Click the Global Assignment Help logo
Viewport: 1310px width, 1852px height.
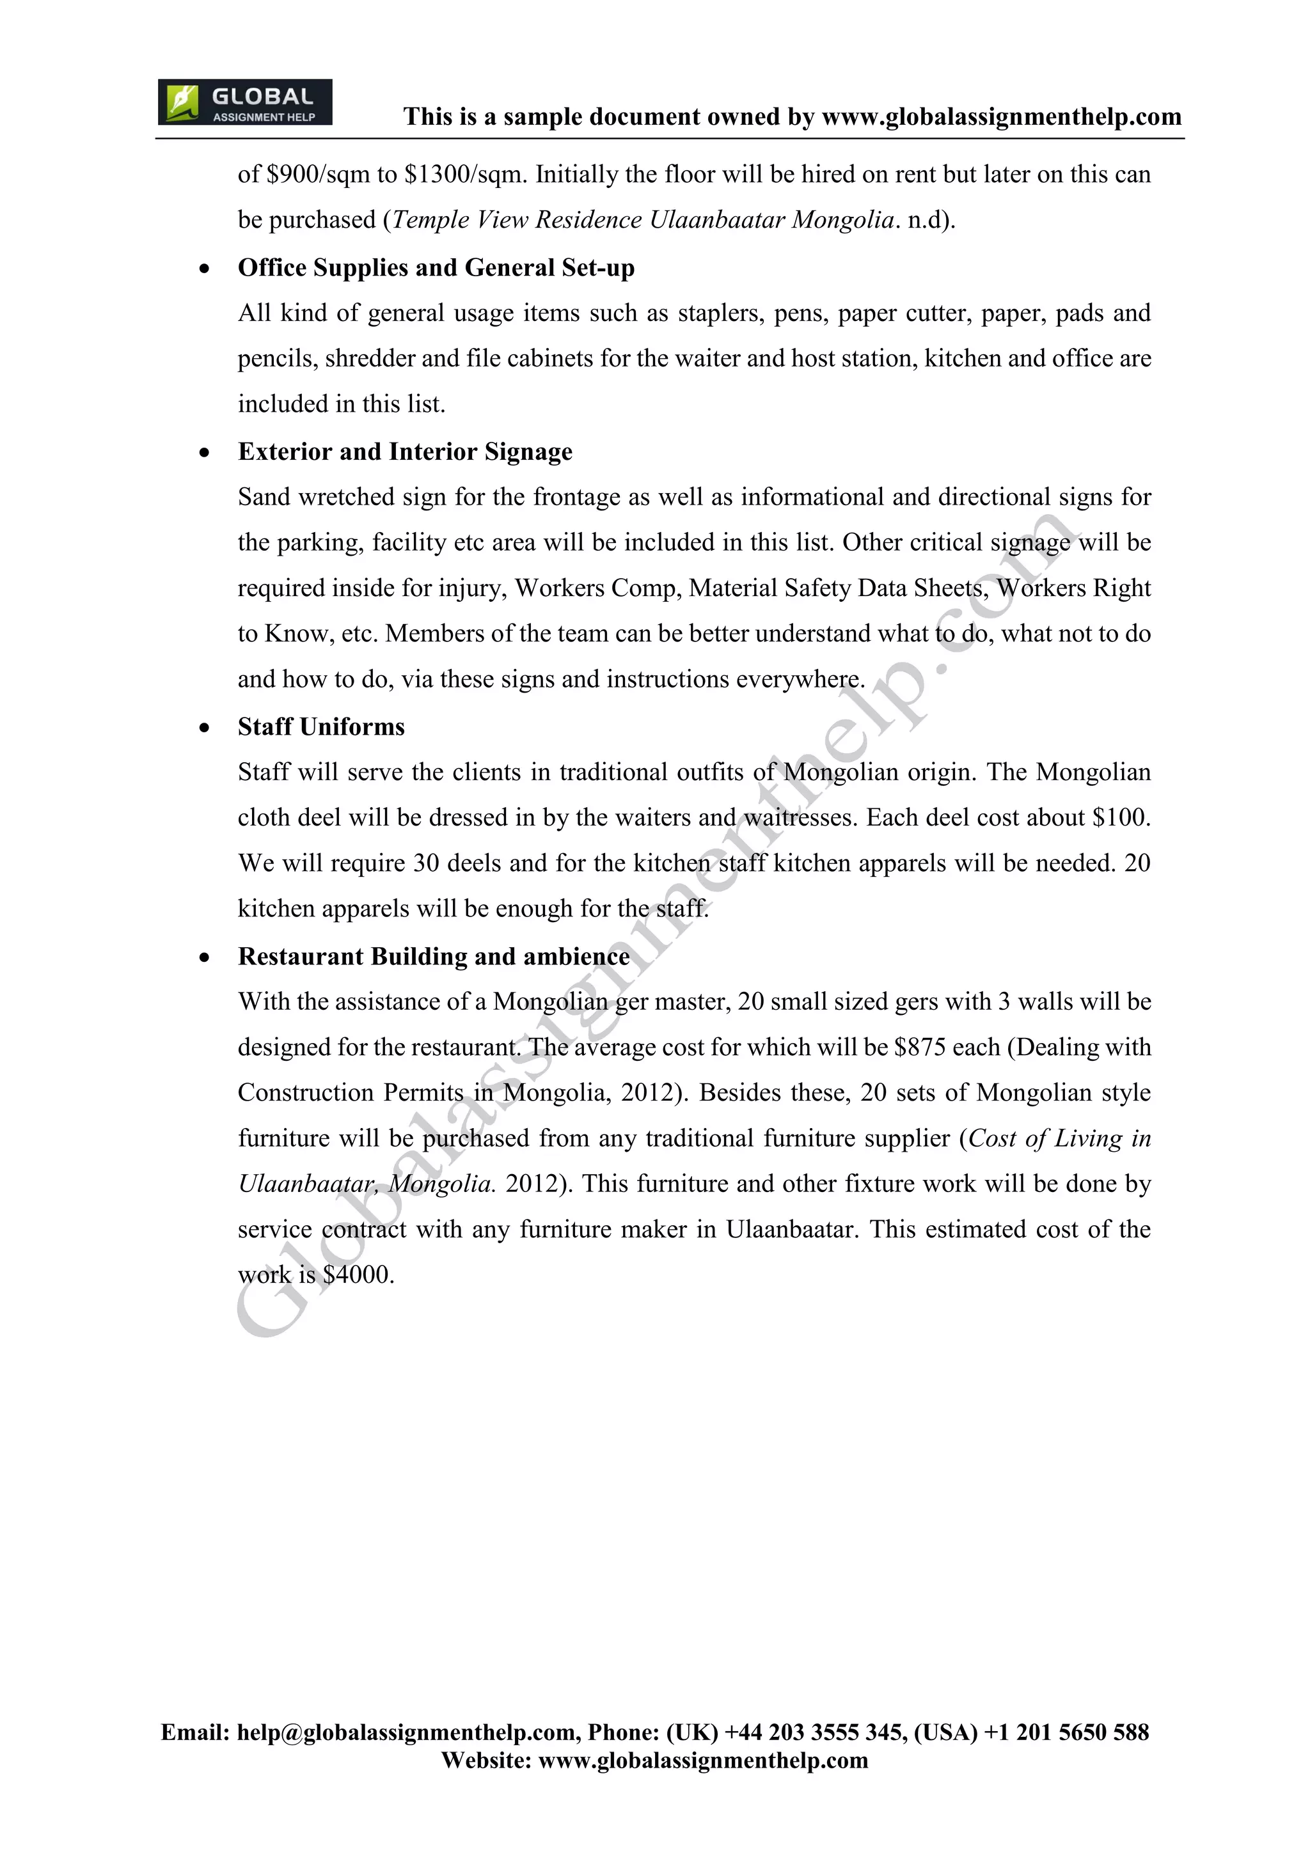tap(244, 102)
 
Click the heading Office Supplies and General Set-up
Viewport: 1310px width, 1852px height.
tap(436, 268)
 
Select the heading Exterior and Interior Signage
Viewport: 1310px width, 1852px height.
tap(405, 451)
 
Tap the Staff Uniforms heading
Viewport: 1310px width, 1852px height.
tap(321, 726)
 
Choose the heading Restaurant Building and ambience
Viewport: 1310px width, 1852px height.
tap(434, 957)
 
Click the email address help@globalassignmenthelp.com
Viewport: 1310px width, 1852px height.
tap(406, 1732)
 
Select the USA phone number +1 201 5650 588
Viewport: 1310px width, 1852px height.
tap(1066, 1732)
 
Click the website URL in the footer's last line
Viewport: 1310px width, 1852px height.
tap(702, 1760)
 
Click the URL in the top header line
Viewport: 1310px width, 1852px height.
tap(1001, 117)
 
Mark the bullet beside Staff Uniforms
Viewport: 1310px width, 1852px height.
tap(205, 728)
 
